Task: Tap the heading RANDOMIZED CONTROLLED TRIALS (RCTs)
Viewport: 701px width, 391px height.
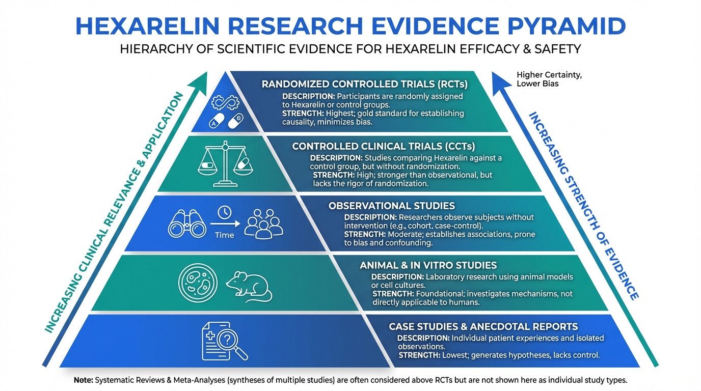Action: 365,84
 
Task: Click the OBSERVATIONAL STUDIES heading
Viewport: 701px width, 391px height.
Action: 391,206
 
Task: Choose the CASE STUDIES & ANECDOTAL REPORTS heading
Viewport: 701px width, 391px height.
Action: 483,326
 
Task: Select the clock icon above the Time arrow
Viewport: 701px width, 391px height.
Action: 224,212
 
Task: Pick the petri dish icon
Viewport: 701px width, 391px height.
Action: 195,281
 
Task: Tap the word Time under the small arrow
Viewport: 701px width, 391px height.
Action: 224,235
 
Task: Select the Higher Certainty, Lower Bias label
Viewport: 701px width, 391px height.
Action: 549,79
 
